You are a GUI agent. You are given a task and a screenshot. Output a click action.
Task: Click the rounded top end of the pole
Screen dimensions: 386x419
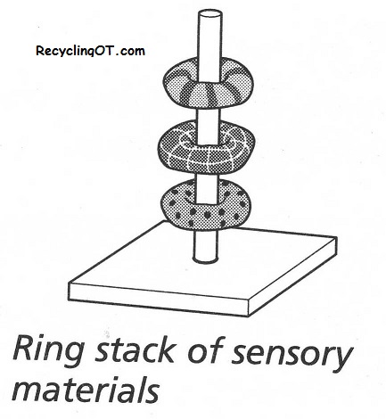pos(209,14)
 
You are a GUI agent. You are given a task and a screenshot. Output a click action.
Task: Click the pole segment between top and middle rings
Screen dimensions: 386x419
pos(209,115)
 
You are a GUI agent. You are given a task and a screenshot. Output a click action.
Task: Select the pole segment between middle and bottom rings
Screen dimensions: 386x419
pos(207,177)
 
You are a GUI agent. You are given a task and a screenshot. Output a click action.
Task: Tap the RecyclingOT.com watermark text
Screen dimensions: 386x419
pos(90,51)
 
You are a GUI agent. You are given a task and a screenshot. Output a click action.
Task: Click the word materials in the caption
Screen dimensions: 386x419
pos(86,389)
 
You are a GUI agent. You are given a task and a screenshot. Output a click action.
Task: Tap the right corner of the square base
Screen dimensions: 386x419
pos(337,237)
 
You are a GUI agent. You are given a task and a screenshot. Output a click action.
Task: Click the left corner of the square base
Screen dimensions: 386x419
pos(69,283)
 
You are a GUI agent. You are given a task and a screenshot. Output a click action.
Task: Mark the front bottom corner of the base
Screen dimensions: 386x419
pos(248,316)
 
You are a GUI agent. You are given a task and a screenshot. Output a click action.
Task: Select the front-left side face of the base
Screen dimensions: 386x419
pos(159,300)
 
